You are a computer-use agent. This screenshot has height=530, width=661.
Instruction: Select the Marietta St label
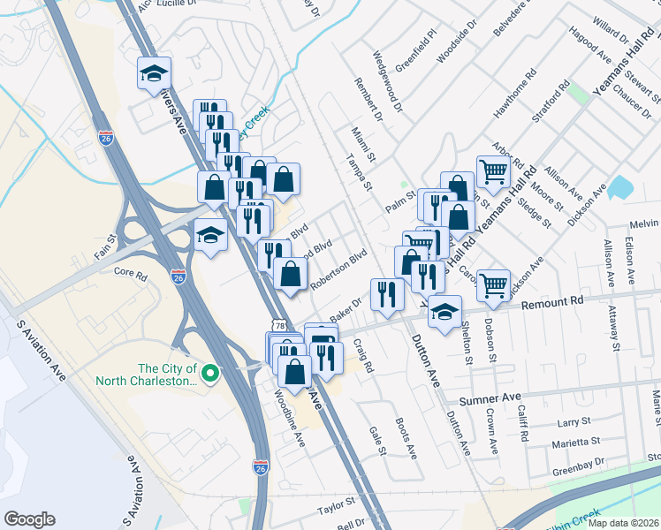575,441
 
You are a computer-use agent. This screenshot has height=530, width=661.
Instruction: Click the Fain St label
106,238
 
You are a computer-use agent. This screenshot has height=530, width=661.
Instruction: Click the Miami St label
363,142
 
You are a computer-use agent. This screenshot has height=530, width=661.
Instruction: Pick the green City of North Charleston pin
209,375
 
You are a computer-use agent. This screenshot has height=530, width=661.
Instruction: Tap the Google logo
29,519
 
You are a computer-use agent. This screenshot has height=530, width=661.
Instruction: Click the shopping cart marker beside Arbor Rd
493,170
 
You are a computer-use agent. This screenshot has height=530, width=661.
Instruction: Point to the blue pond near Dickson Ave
620,186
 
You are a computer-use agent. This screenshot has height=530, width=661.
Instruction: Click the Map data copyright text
624,523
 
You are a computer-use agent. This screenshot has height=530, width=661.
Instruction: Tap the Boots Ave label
406,437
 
